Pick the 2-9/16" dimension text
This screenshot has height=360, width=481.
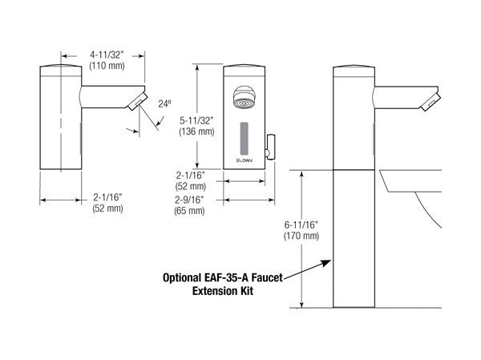click(189, 200)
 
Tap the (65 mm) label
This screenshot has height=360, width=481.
click(189, 212)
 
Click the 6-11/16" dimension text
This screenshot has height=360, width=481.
click(299, 227)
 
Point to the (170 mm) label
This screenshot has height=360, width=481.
click(299, 238)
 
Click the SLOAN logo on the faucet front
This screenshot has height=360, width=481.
click(246, 161)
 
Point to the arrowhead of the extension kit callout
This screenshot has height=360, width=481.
click(328, 261)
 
